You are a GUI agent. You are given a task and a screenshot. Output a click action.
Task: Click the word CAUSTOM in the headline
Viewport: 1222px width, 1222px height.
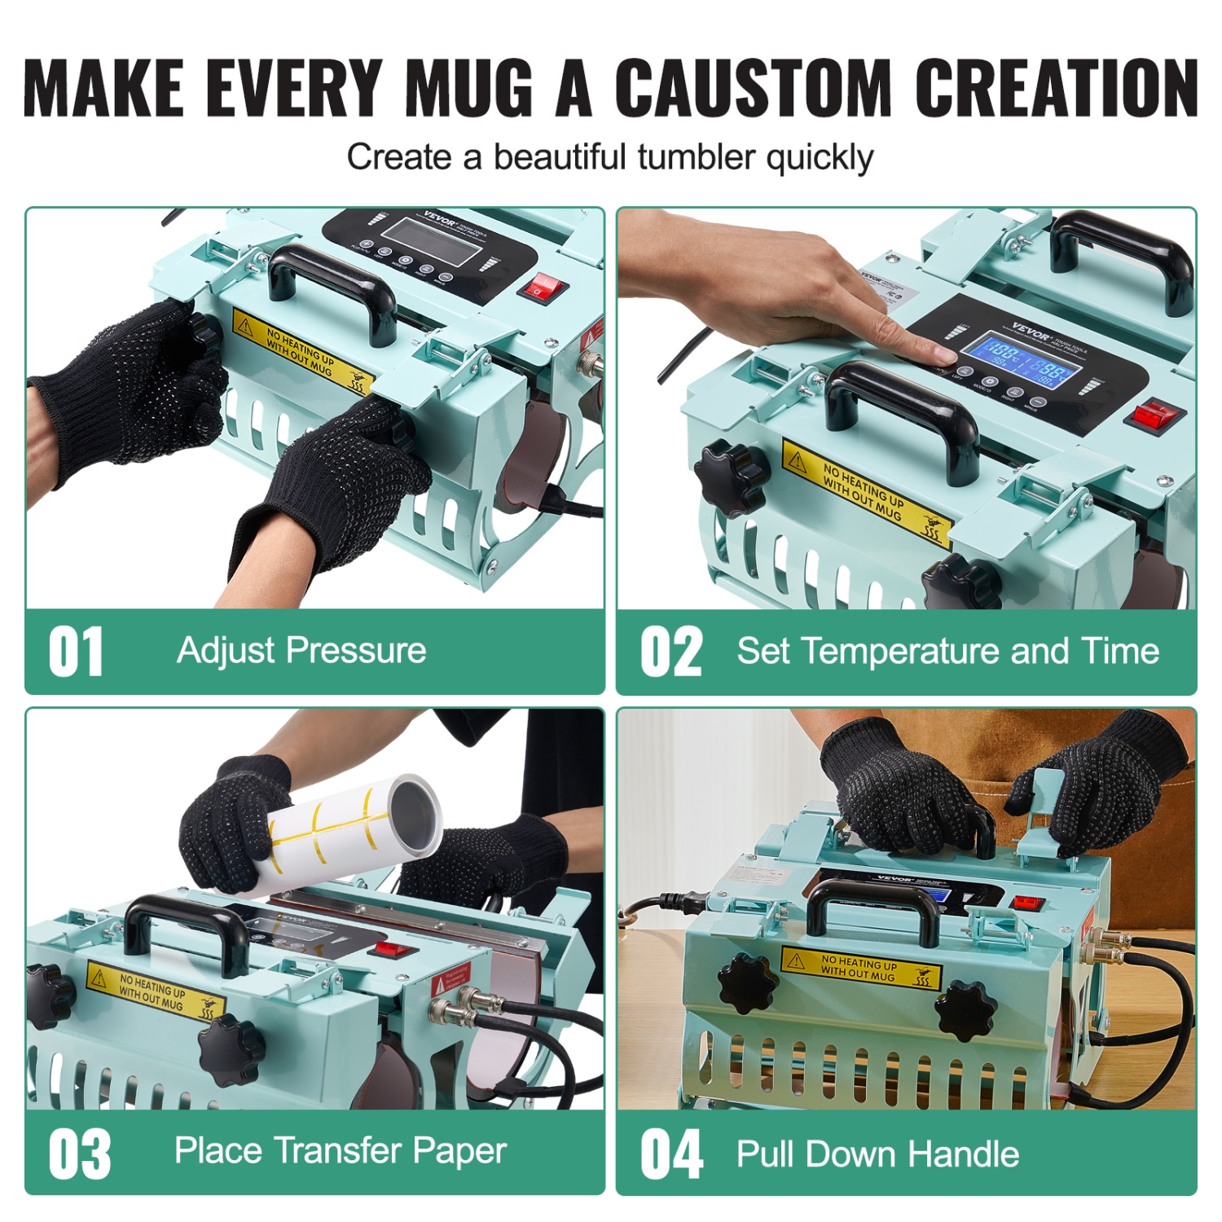(x=754, y=87)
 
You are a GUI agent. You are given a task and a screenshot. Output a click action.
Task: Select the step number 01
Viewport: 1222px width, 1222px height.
(x=76, y=652)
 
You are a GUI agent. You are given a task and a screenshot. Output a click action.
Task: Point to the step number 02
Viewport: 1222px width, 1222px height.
(x=670, y=652)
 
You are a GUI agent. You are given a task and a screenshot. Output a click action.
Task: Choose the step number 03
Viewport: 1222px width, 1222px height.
(x=79, y=1154)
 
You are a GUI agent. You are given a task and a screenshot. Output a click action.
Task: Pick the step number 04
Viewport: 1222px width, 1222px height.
(x=671, y=1154)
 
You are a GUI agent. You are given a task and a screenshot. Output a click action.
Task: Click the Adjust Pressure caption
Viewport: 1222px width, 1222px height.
(x=301, y=650)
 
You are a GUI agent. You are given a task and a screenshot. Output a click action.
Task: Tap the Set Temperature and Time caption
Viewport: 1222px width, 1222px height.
(x=947, y=651)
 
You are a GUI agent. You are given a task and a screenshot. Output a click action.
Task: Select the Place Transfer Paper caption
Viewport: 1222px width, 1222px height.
(x=341, y=1150)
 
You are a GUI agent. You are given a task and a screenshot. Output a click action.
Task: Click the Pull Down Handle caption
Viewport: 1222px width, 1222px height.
(x=877, y=1154)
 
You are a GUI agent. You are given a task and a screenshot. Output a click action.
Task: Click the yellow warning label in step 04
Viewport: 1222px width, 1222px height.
(x=860, y=967)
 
